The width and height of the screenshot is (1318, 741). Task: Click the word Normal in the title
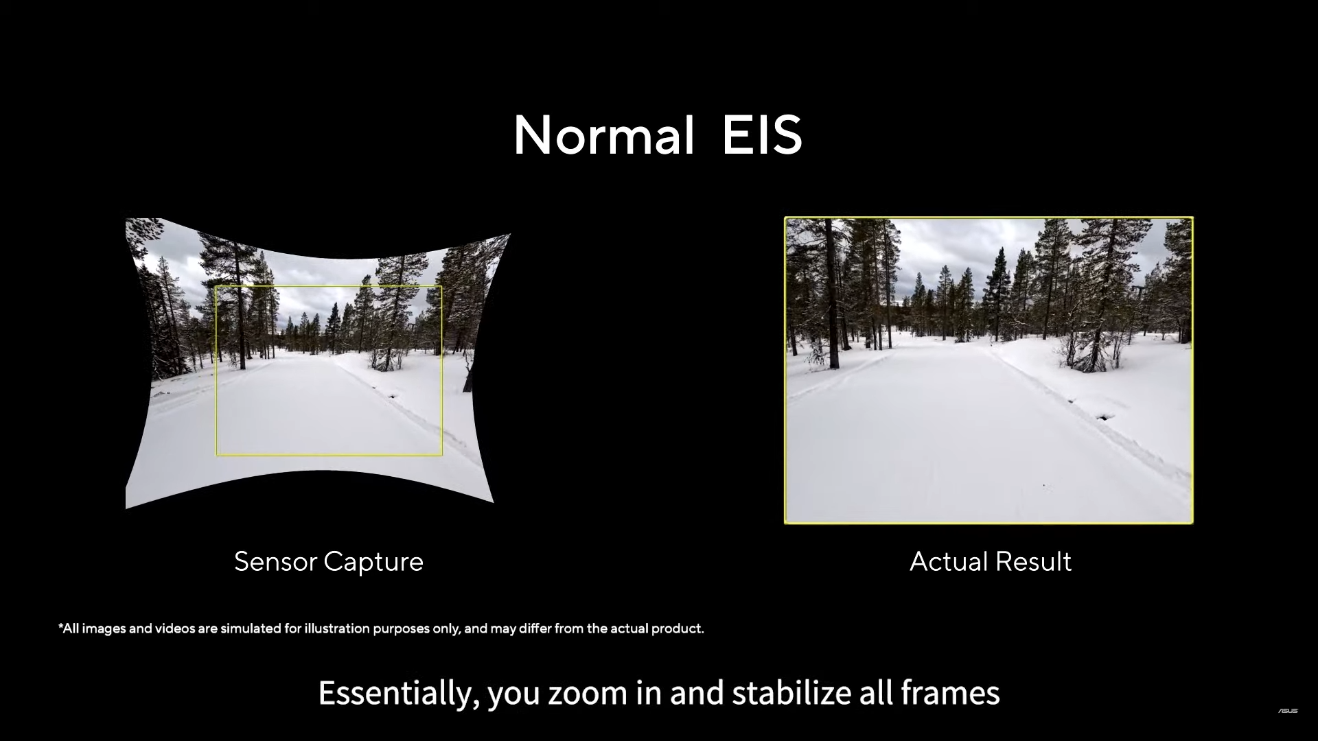(604, 135)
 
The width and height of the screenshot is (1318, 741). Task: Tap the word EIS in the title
(762, 135)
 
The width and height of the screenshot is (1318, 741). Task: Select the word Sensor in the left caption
(275, 561)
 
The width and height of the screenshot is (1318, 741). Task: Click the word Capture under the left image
(373, 563)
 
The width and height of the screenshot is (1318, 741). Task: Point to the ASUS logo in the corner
(1288, 711)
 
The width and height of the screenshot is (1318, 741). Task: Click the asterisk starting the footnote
(60, 626)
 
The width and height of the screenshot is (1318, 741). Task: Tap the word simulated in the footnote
(251, 628)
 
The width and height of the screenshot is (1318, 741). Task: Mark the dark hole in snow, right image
(1104, 416)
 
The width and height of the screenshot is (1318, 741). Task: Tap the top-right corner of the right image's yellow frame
(1192, 218)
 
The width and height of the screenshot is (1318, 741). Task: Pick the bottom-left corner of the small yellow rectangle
(217, 455)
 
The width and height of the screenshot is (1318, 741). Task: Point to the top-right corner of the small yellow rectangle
(441, 287)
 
